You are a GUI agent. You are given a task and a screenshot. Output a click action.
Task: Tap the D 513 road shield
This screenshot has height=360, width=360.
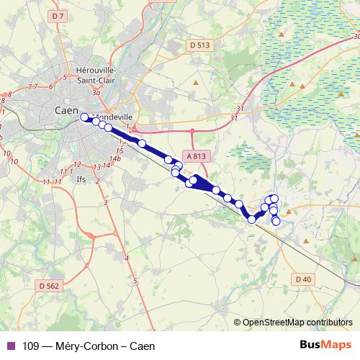[x=201, y=45]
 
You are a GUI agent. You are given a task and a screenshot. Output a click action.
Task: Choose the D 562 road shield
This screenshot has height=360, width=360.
[x=49, y=285]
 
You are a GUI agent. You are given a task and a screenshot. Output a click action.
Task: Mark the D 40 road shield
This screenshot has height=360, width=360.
[x=302, y=279]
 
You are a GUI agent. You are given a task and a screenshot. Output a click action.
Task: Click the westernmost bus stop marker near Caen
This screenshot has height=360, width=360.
[x=84, y=117]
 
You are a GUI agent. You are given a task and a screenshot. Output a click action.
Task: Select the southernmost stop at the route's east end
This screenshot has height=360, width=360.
[x=276, y=221]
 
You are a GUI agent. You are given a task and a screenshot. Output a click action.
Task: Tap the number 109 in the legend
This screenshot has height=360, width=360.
[x=30, y=346]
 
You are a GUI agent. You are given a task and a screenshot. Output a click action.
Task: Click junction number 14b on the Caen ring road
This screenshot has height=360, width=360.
[x=114, y=158]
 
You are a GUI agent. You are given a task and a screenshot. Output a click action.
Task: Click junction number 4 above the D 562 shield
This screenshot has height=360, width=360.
[x=127, y=257]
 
